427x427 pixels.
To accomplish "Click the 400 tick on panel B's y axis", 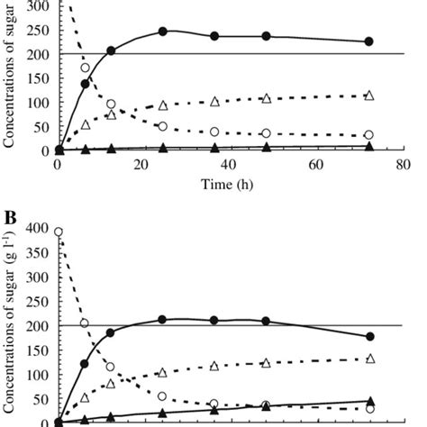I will (x=41, y=230).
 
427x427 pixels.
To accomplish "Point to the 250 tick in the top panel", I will (x=41, y=31).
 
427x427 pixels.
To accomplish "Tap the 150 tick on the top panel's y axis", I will (x=41, y=78).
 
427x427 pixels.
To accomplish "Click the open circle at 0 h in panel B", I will (x=59, y=232).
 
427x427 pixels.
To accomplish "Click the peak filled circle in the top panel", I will (x=163, y=32).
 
